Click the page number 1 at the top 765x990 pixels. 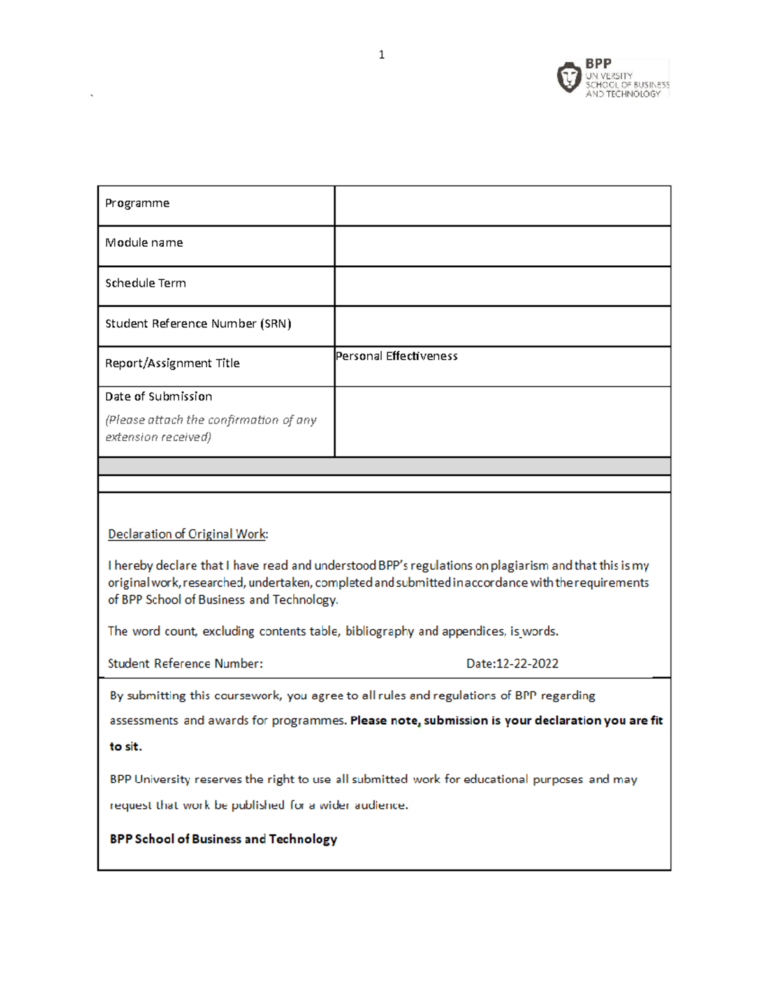tap(381, 55)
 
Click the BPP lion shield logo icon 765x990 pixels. tap(569, 78)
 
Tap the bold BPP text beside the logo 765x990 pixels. tap(599, 64)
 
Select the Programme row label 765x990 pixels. tap(137, 203)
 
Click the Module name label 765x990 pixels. tap(144, 243)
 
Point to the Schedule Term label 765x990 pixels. tap(145, 283)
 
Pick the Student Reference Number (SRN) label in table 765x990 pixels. tap(198, 324)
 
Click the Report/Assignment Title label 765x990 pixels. tap(172, 363)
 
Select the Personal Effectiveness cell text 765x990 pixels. tap(397, 356)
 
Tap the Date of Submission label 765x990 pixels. tap(159, 397)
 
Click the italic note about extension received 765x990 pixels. tap(210, 428)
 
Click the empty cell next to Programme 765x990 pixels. tap(502, 206)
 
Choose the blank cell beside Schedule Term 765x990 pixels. tap(502, 286)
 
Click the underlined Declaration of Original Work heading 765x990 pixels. tap(187, 534)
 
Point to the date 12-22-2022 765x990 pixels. tap(527, 664)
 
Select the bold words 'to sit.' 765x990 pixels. tap(126, 746)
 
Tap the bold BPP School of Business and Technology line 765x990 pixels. tap(223, 840)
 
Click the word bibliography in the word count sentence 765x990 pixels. tap(379, 632)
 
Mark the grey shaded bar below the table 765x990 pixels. tap(384, 466)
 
